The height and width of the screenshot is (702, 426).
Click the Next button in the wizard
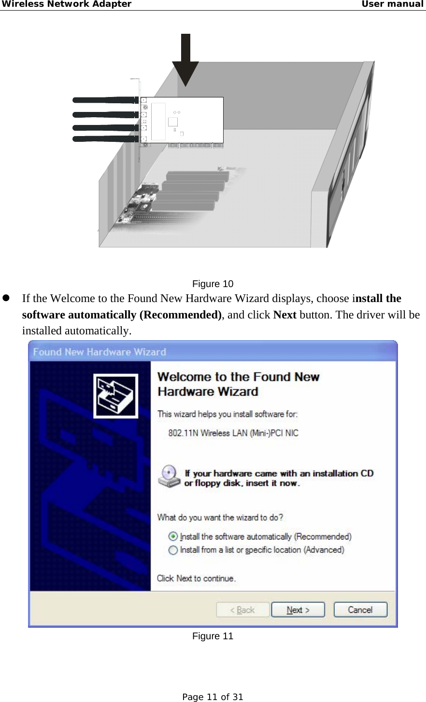(x=298, y=610)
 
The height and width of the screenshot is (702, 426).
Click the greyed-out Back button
(x=242, y=610)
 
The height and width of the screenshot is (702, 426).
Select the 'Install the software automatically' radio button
(x=173, y=537)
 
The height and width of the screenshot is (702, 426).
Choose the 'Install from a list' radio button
(x=173, y=550)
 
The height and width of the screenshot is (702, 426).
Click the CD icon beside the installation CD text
(x=169, y=476)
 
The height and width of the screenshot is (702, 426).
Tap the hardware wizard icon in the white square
(x=115, y=396)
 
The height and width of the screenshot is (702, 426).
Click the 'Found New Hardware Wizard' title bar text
(x=99, y=352)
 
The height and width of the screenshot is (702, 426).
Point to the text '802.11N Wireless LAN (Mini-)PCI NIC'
(x=233, y=433)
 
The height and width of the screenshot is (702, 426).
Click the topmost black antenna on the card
(x=104, y=100)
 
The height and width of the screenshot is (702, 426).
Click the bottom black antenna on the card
(x=104, y=139)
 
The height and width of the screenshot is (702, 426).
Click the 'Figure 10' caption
(x=213, y=284)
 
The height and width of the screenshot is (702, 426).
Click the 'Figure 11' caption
(x=213, y=636)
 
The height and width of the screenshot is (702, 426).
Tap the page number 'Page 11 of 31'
(x=213, y=697)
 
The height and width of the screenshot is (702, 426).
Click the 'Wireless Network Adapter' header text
(x=66, y=4)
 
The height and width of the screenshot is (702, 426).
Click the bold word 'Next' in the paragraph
(x=284, y=315)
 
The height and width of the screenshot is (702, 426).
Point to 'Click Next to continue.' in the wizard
(x=196, y=578)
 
